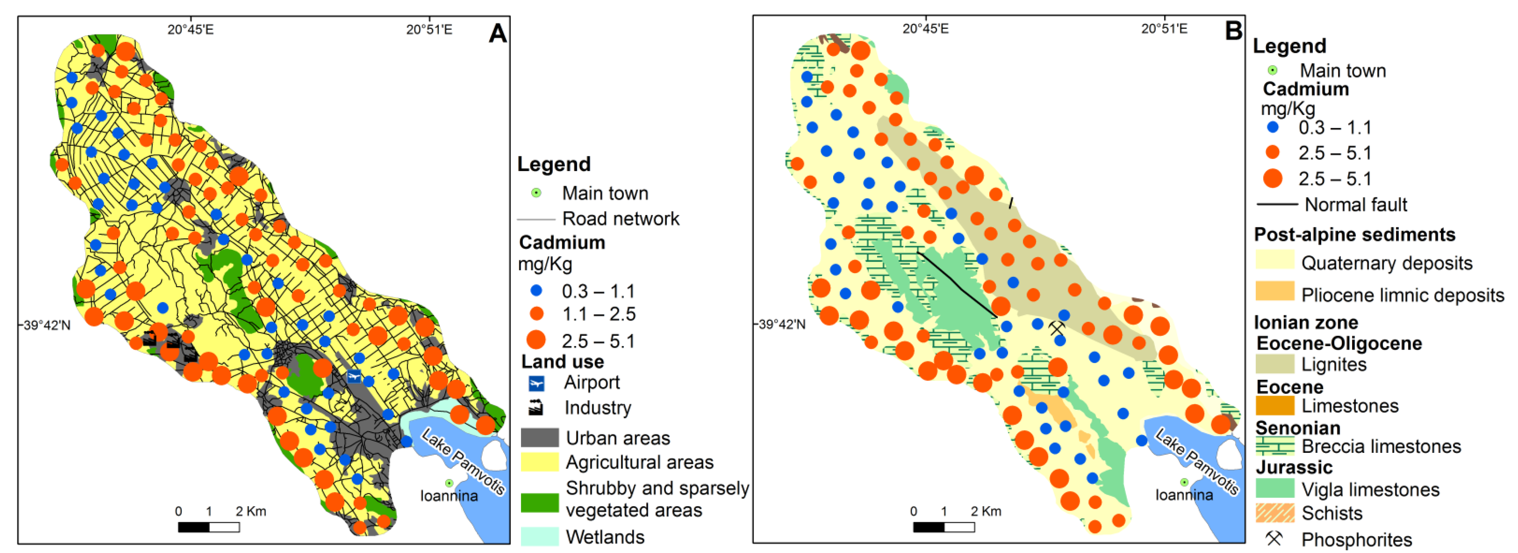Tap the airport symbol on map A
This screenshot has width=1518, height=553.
click(x=354, y=376)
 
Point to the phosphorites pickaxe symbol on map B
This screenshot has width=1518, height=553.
click(x=1057, y=328)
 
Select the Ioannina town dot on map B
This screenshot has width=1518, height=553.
click(x=1184, y=482)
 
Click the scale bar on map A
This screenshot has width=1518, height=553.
click(x=209, y=527)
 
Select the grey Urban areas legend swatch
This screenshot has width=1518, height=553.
click(x=539, y=437)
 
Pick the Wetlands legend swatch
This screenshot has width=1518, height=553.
click(x=539, y=536)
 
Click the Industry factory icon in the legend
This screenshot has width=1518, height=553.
click(x=536, y=408)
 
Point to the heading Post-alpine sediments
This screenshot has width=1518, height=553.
click(x=1354, y=235)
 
